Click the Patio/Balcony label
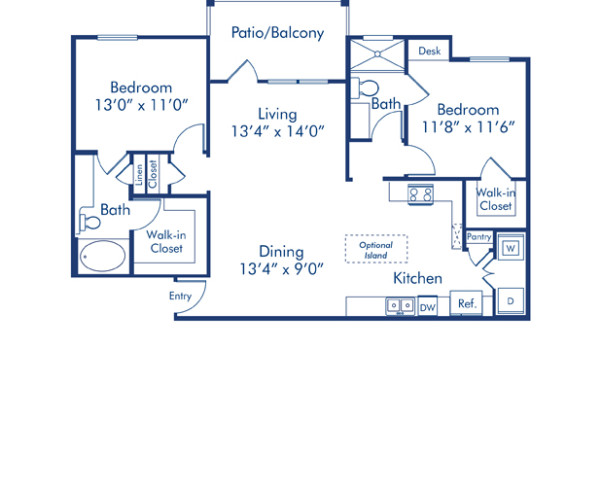[277, 33]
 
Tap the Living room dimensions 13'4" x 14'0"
[277, 131]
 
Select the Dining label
[281, 251]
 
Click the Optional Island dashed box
[377, 248]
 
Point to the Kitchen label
[417, 278]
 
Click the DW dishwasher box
[427, 307]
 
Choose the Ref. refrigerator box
[466, 304]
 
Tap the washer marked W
[509, 247]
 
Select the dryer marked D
[509, 300]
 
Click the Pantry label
[479, 237]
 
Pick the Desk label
[429, 51]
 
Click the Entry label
[180, 296]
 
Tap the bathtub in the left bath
[103, 258]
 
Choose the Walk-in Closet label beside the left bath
[166, 241]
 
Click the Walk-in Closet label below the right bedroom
[494, 199]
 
